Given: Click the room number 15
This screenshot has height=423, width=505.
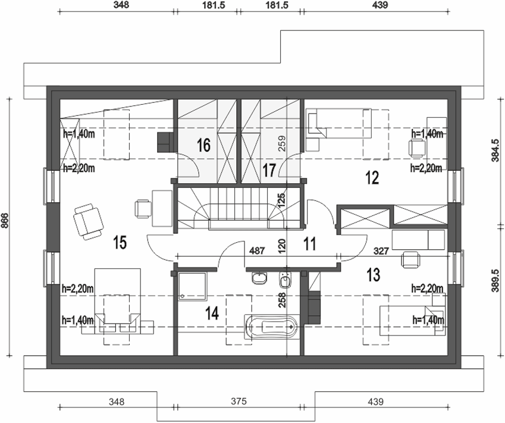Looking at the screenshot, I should pyautogui.click(x=120, y=242).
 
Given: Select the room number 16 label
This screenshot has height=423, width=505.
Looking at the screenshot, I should pyautogui.click(x=203, y=145).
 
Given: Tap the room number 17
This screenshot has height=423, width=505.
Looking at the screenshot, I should pyautogui.click(x=269, y=171).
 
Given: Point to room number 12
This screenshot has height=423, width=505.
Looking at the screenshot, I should pyautogui.click(x=372, y=177).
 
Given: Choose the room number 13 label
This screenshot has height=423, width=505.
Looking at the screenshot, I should pyautogui.click(x=374, y=274).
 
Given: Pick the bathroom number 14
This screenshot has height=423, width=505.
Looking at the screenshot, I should pyautogui.click(x=212, y=312).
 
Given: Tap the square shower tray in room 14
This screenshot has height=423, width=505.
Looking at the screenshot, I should pyautogui.click(x=193, y=286).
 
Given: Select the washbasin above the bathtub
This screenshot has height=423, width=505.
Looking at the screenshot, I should pyautogui.click(x=259, y=278).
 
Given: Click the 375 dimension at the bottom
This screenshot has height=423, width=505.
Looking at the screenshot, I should pyautogui.click(x=238, y=402).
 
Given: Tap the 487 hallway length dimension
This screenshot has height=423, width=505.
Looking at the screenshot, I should pyautogui.click(x=256, y=251).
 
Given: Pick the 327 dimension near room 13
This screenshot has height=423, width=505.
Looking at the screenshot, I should pyautogui.click(x=381, y=251).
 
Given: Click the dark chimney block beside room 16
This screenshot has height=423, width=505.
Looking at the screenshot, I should pyautogui.click(x=164, y=143).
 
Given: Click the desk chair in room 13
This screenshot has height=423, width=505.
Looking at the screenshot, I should pyautogui.click(x=410, y=259).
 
